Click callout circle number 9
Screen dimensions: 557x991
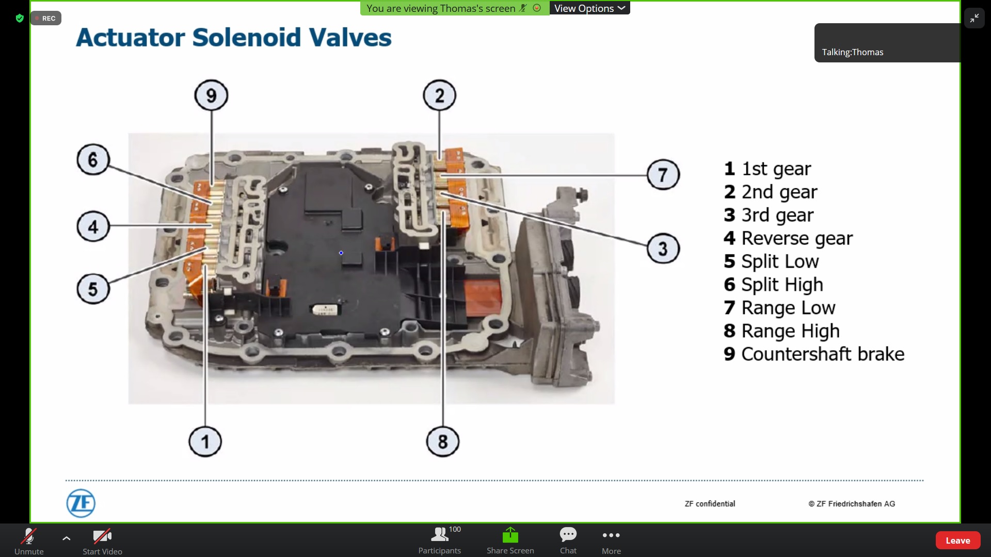pos(211,95)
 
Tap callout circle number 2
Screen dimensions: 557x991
pos(439,95)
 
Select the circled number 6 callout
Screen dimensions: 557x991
pos(93,159)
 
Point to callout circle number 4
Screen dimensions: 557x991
pos(93,226)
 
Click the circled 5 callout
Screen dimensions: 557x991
pos(93,289)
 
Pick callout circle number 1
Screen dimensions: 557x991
pos(205,441)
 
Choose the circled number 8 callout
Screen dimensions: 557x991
pos(442,441)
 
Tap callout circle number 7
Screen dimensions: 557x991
pos(663,175)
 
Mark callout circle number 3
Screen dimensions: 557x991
pos(663,249)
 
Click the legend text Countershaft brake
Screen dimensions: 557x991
pos(822,354)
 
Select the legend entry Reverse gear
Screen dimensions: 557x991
pos(796,238)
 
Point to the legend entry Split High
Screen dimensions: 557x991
pos(781,285)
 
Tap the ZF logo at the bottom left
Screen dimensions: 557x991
pos(81,503)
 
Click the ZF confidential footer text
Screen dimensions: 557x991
pos(710,504)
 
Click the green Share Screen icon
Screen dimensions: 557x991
pos(510,535)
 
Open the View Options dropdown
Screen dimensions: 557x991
pos(589,8)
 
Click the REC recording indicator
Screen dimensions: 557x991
pos(46,18)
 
